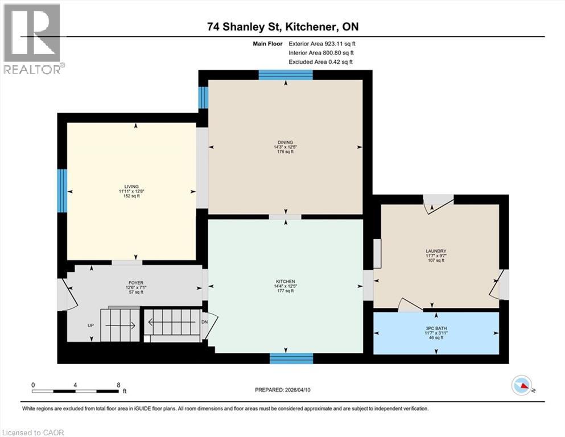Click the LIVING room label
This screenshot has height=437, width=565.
click(131, 186)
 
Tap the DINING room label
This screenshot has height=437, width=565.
click(286, 142)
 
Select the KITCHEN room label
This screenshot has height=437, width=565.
click(285, 281)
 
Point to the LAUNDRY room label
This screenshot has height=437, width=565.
click(435, 251)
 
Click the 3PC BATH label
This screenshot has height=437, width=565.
click(435, 328)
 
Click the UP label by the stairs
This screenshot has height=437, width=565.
click(90, 326)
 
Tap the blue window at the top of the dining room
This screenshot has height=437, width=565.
click(286, 75)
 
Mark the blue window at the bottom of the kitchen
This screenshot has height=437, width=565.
click(291, 358)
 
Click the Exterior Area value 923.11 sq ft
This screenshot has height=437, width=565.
click(340, 43)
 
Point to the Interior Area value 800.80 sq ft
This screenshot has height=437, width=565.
click(340, 52)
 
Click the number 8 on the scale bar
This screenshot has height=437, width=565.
click(118, 385)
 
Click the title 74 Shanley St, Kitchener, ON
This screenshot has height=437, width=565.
click(282, 27)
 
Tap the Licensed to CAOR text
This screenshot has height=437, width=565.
click(33, 432)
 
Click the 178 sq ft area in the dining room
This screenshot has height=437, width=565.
click(286, 152)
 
